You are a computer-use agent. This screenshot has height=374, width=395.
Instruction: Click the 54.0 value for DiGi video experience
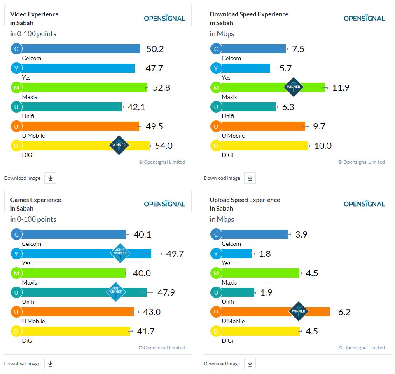[x=164, y=146]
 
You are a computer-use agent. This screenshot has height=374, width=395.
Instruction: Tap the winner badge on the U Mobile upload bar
[x=299, y=311]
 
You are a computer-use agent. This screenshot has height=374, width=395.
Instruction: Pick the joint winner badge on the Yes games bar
[x=120, y=253]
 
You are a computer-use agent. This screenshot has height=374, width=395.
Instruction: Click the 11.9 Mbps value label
[x=341, y=87]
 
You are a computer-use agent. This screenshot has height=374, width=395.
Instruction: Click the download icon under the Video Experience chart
[x=50, y=178]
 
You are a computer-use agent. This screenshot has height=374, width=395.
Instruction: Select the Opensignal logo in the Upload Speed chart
[x=364, y=204]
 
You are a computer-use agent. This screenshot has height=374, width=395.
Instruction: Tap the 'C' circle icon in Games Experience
[x=16, y=235]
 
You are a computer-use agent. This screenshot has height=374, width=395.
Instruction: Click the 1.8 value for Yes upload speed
[x=265, y=254]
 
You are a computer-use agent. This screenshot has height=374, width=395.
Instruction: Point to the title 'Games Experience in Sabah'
[x=35, y=204]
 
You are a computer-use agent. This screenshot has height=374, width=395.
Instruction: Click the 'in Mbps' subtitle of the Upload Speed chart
[x=222, y=219]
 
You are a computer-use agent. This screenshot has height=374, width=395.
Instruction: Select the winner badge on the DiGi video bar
[x=119, y=145]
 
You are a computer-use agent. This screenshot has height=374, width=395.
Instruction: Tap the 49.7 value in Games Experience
[x=175, y=254]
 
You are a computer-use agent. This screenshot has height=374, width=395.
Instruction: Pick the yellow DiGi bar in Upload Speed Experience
[x=259, y=331]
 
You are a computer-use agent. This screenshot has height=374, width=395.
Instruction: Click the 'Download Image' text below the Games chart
[x=22, y=364]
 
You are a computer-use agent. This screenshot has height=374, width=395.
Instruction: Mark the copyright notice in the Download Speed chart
[x=361, y=162]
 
